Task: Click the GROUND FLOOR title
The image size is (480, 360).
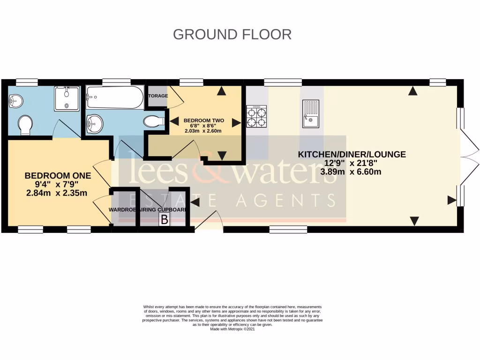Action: (232, 34)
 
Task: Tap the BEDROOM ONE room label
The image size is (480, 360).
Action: (58, 175)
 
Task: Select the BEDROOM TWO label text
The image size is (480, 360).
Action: (203, 120)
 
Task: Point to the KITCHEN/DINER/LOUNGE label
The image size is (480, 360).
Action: (352, 154)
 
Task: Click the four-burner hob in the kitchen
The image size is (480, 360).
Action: (256, 116)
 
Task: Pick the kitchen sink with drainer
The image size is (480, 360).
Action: (310, 114)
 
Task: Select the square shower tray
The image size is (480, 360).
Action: (67, 98)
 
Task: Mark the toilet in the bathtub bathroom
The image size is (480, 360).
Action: (154, 121)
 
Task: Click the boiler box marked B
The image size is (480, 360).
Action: (164, 219)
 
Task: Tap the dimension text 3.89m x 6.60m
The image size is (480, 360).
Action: (350, 172)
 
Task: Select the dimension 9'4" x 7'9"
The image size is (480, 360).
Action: (58, 184)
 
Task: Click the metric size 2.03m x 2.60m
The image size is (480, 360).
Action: (202, 131)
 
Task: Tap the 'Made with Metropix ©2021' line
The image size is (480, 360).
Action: (232, 329)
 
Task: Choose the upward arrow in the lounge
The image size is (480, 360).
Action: (412, 91)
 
